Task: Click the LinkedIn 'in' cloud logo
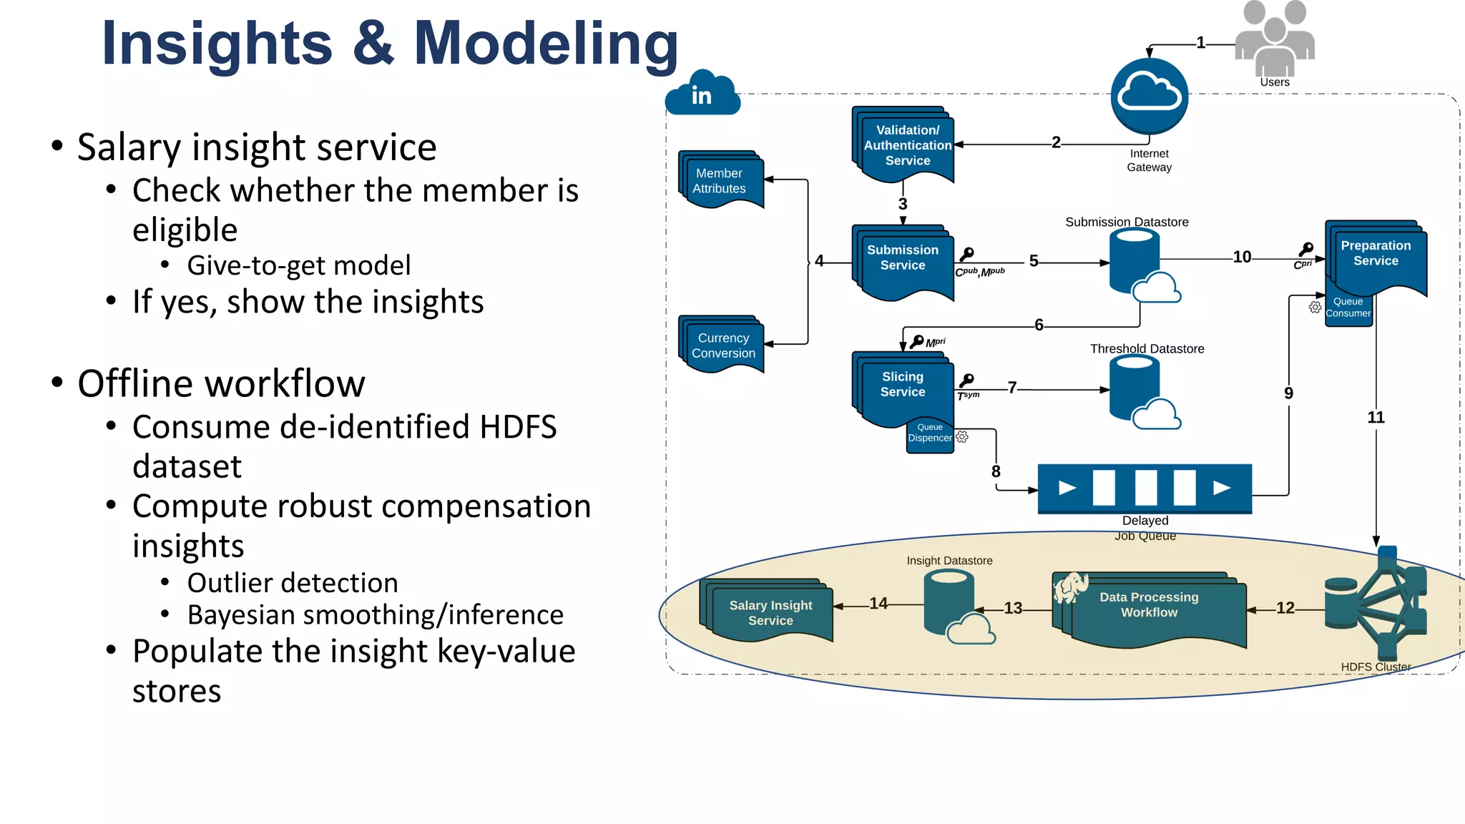(702, 94)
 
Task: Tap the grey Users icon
(1275, 39)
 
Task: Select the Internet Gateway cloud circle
(1149, 95)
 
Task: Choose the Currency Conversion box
(722, 345)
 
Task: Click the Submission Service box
(903, 259)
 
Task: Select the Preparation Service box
(1376, 255)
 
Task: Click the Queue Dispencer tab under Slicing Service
(930, 433)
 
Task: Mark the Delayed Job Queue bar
(1145, 488)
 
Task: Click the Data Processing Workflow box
(1149, 606)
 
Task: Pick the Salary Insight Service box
(770, 613)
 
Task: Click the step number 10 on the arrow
(1242, 257)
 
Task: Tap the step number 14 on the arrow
(878, 604)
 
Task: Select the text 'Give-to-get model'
(299, 265)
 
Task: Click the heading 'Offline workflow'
(221, 384)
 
